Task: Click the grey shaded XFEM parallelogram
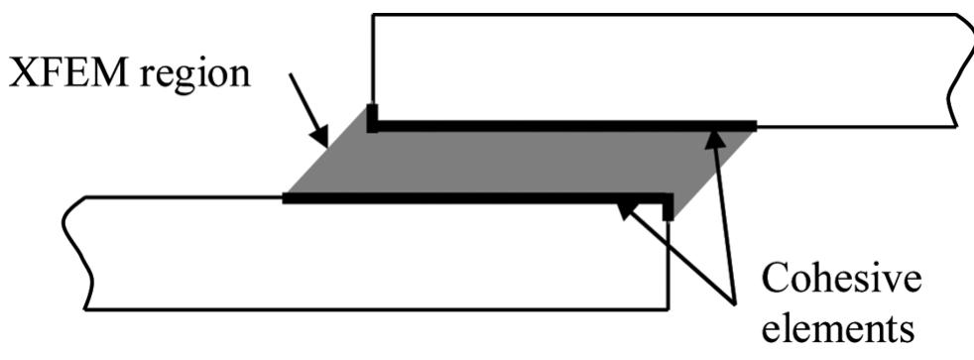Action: (x=516, y=161)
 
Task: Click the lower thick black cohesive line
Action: (x=466, y=198)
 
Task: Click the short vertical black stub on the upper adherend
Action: (x=372, y=116)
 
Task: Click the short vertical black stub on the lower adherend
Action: (x=669, y=206)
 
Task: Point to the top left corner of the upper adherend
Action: (x=372, y=15)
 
